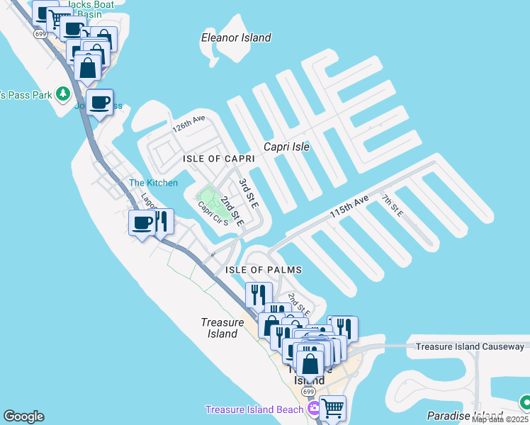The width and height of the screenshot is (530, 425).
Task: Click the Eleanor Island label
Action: pos(236,38)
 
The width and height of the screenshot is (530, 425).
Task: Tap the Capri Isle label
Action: pos(286,147)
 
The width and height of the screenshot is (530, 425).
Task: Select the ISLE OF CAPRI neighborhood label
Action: pos(218,159)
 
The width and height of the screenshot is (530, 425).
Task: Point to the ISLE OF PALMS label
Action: pos(264,270)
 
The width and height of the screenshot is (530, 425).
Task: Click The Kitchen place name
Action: pos(153,183)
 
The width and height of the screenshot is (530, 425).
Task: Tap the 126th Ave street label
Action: pos(188,126)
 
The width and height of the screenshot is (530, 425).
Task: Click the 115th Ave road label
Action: pos(349,208)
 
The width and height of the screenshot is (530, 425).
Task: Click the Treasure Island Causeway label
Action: pos(470,346)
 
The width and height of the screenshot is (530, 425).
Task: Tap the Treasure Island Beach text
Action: pos(254,409)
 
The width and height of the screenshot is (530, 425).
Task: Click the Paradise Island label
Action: pos(465,415)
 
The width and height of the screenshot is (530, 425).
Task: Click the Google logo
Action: pos(23,416)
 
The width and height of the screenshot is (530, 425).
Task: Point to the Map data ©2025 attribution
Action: pos(500,419)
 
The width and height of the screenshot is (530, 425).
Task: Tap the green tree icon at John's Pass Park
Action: pos(63,93)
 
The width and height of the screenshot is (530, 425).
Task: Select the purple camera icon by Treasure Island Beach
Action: pos(314,409)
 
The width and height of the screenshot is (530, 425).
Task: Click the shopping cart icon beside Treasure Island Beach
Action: pos(332,408)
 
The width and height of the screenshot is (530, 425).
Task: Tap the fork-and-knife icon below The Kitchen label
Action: pos(162,222)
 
